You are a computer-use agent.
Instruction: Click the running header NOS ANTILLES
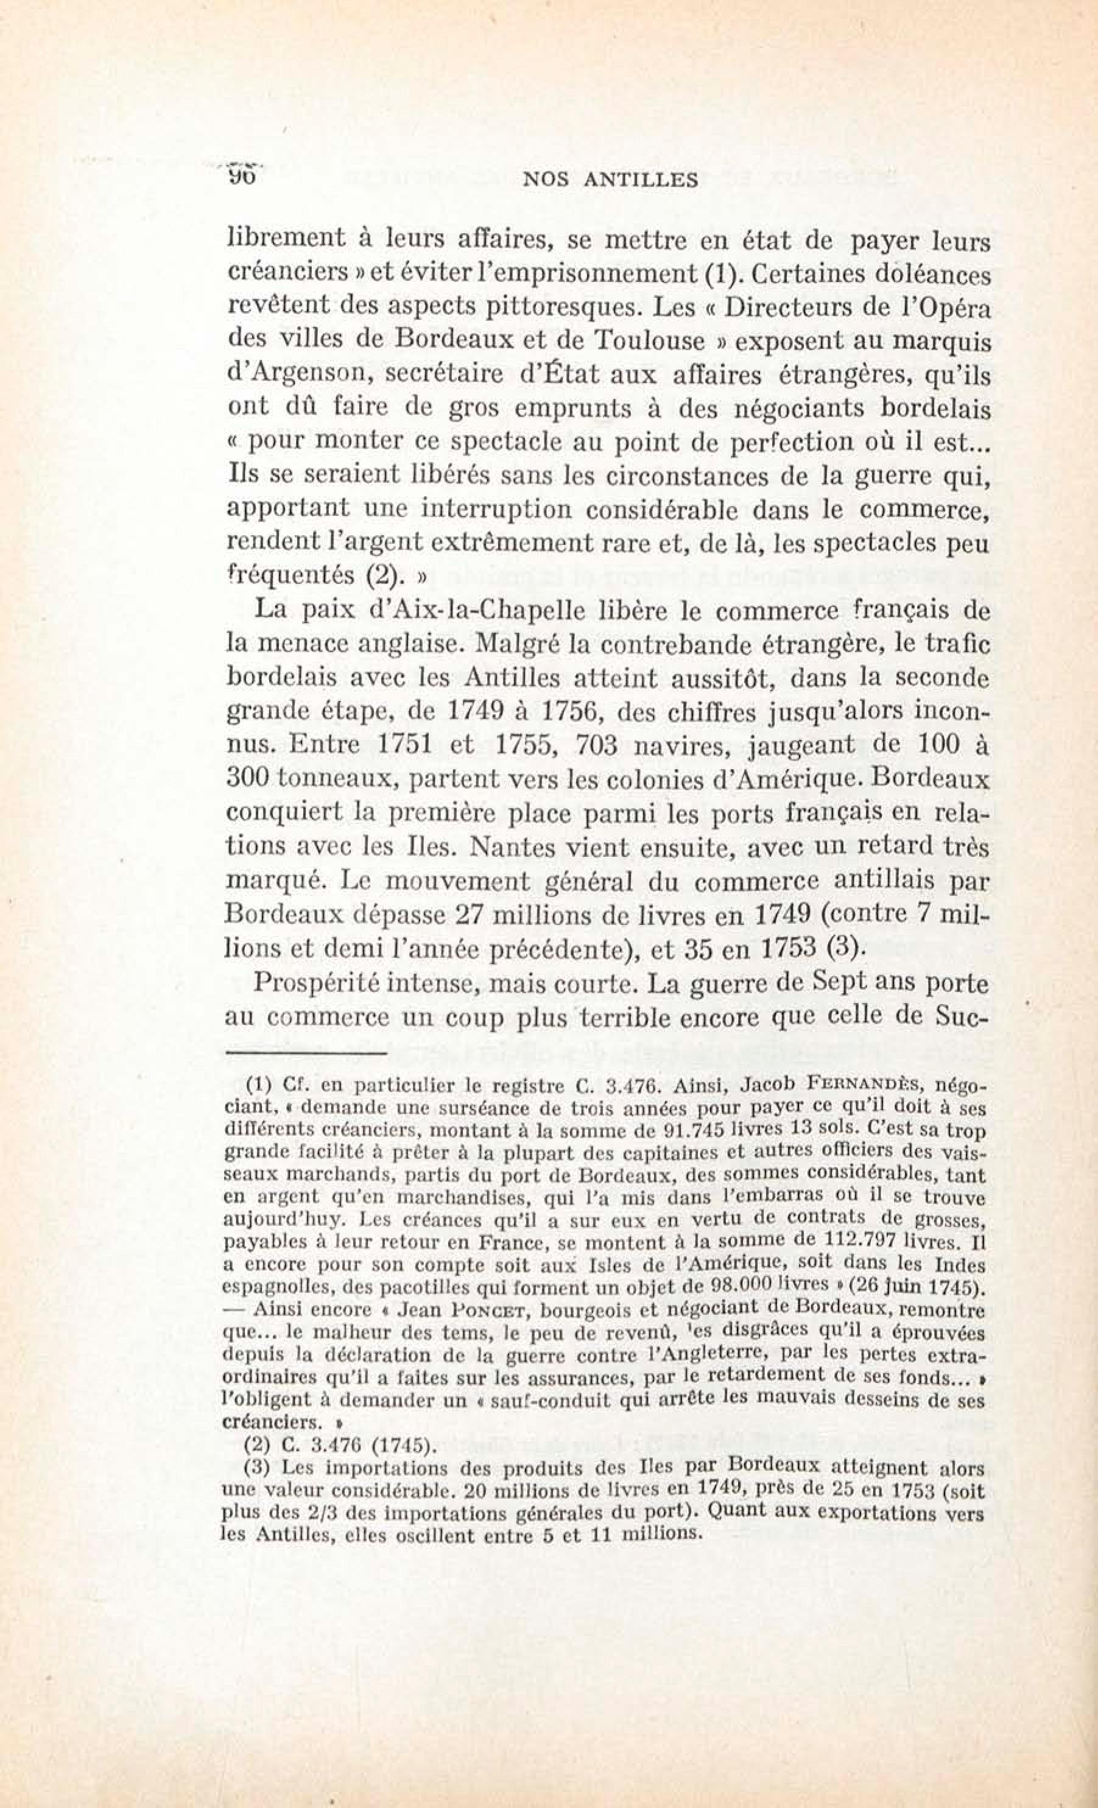pyautogui.click(x=608, y=180)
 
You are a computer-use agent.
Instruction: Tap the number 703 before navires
pyautogui.click(x=599, y=745)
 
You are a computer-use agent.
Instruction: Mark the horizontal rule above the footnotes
pyautogui.click(x=304, y=1055)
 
